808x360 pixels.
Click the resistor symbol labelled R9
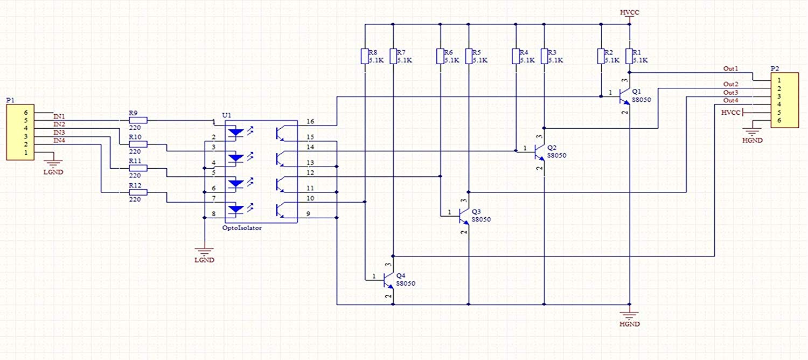[x=138, y=121]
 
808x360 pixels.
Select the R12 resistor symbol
[x=138, y=192]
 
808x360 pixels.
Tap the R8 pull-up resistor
[x=365, y=56]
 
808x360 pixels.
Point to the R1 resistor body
[x=630, y=56]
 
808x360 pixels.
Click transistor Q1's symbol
[x=625, y=96]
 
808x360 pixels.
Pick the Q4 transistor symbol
[x=388, y=280]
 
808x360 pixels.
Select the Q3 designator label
[x=476, y=211]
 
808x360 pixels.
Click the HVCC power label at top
[x=630, y=12]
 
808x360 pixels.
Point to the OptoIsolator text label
[x=242, y=228]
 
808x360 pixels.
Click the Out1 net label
[x=730, y=68]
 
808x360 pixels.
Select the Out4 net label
[x=730, y=100]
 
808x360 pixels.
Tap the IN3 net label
[x=59, y=133]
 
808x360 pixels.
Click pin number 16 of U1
[x=310, y=122]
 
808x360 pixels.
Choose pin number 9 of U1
[x=308, y=214]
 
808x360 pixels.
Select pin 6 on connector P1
[x=26, y=113]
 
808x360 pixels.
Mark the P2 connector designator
[x=775, y=68]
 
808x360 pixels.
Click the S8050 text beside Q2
[x=556, y=155]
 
